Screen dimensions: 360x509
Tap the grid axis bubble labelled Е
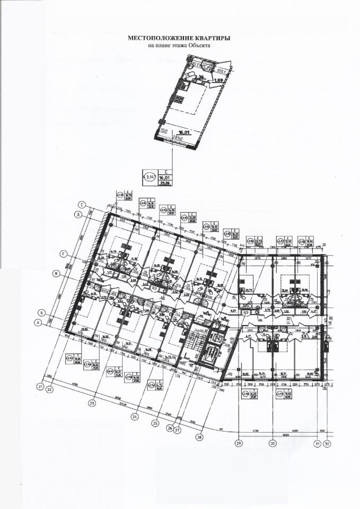82,204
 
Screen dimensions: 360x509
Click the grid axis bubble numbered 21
40,387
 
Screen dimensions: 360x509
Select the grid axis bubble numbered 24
135,417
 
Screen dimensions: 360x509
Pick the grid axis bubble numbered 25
155,423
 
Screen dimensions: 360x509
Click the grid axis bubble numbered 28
199,437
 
